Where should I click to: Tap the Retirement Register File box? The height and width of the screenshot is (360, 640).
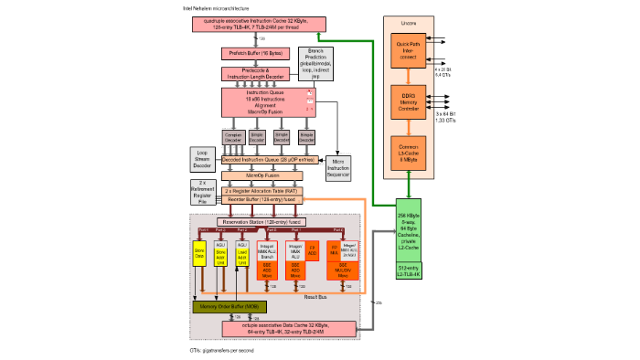pyautogui.click(x=203, y=191)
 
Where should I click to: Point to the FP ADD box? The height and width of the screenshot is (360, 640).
pyautogui.click(x=311, y=248)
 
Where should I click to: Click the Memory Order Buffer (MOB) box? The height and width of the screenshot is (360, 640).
pyautogui.click(x=223, y=307)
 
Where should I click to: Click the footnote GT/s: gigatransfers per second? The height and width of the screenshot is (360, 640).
pyautogui.click(x=221, y=350)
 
